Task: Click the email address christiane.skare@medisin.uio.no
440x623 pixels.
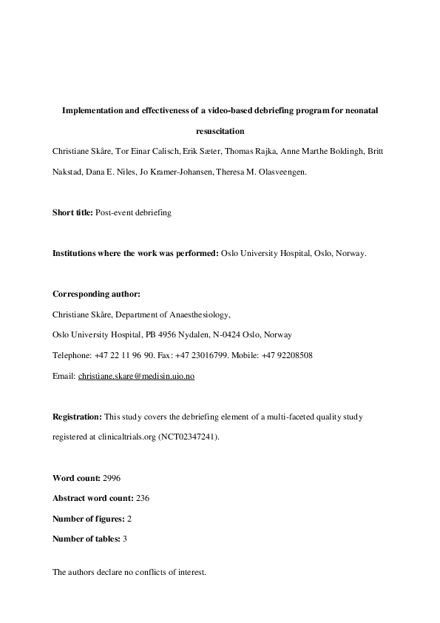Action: (x=137, y=377)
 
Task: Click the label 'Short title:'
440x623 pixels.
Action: (x=72, y=212)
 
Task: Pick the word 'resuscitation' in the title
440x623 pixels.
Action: (x=220, y=131)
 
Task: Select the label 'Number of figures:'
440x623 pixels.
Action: (x=87, y=519)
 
